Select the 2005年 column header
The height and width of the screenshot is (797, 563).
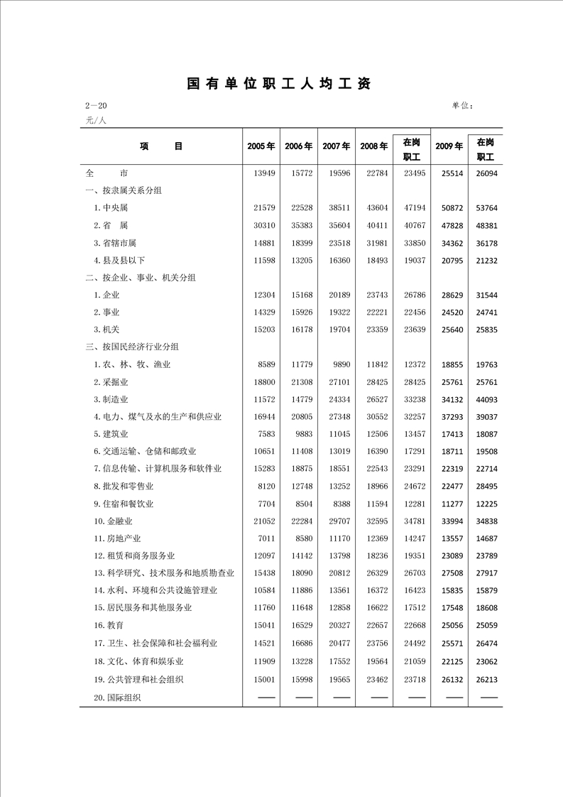261,146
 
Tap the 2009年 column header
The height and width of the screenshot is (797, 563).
449,146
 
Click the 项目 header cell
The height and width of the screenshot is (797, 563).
161,146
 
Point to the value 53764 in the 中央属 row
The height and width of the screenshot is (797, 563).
486,208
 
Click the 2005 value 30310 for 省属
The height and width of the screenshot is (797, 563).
263,225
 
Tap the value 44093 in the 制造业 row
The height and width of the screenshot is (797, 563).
486,400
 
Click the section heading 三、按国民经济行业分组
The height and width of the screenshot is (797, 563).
132,347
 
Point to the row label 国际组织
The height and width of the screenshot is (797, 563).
117,698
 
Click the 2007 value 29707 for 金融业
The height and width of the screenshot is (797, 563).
337,521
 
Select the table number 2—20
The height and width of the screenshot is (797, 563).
96,107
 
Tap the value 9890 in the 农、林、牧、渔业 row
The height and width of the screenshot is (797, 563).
339,365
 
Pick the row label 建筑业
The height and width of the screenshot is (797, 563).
113,434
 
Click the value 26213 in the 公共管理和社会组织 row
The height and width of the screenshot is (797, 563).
486,680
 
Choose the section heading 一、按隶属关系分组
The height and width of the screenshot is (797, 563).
124,191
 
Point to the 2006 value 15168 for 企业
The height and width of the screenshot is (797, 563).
299,296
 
